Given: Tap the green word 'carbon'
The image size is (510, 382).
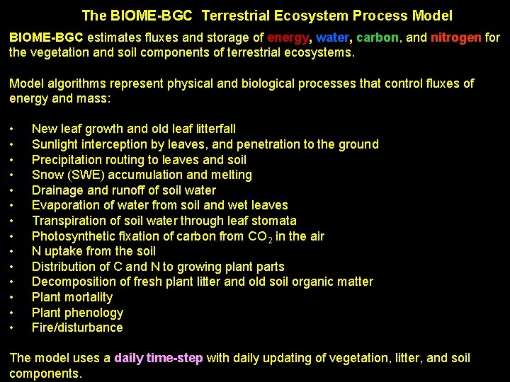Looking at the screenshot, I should tap(378, 37).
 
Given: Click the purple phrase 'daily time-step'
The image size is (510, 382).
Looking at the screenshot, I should tap(159, 358).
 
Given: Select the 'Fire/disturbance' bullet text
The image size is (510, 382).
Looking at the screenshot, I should tap(77, 328).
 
